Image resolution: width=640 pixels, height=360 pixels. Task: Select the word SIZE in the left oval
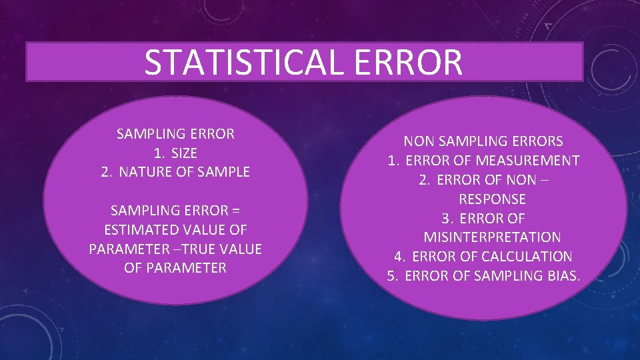coord(184,153)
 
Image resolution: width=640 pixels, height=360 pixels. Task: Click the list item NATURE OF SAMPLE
coord(185,172)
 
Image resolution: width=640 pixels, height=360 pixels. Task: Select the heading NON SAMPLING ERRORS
coord(483,141)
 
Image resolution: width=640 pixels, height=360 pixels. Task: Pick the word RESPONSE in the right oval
coord(492,199)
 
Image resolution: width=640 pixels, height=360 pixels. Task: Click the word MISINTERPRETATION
coord(492,237)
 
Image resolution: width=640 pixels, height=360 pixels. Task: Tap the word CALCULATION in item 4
coord(526,257)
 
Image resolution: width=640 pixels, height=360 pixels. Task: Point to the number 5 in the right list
coord(392,276)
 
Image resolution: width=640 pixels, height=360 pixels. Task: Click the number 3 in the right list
coord(446,219)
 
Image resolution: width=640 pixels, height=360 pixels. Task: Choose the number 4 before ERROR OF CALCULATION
coord(399,257)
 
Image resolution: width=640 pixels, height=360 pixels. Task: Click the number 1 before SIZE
coord(158,153)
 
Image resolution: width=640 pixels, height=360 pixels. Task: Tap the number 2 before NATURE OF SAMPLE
coord(105,172)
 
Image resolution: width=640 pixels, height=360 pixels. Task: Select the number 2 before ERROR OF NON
coord(423,180)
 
